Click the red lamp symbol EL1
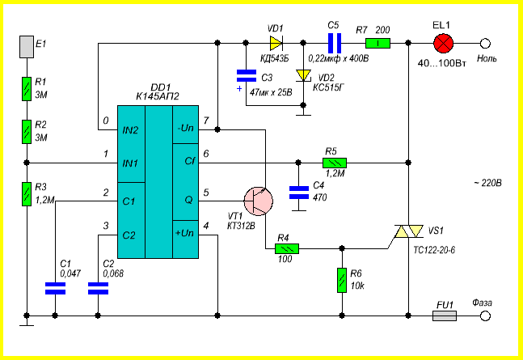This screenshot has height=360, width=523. click(x=443, y=44)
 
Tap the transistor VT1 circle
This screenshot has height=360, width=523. click(x=259, y=201)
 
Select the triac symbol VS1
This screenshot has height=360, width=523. click(x=409, y=231)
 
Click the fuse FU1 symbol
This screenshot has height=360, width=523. click(x=445, y=316)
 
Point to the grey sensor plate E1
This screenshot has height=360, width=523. click(x=27, y=47)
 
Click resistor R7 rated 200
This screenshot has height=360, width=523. click(x=378, y=44)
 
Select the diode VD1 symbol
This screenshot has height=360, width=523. click(x=276, y=43)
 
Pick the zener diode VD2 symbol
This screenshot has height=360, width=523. click(x=303, y=75)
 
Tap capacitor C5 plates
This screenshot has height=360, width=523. click(x=335, y=43)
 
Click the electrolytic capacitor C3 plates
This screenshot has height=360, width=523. click(x=247, y=76)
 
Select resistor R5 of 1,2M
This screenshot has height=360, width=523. click(x=335, y=163)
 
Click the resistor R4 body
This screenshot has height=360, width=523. click(x=287, y=248)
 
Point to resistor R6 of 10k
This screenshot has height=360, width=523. click(x=342, y=280)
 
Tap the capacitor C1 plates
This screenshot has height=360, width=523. click(x=55, y=289)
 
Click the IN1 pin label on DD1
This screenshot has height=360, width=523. click(x=130, y=163)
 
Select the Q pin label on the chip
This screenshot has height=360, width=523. click(x=188, y=200)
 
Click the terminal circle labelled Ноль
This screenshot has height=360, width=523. click(x=485, y=44)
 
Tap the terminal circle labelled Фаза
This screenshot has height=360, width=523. click(x=485, y=316)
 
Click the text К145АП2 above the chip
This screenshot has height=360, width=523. click(x=158, y=96)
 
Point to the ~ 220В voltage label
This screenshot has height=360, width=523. click(x=487, y=183)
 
